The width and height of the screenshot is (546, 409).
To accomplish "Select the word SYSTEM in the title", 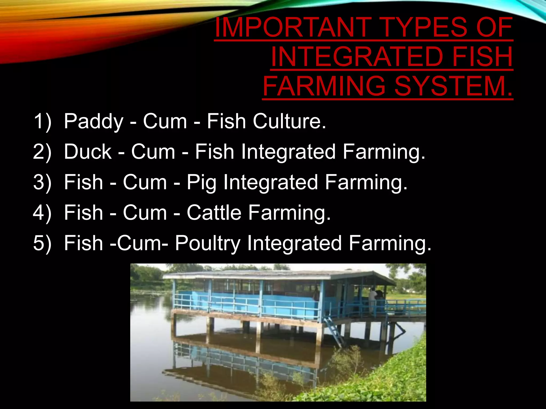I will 453,86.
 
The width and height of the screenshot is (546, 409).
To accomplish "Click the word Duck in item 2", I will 88,152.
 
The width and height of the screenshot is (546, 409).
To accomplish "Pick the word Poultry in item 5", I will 208,244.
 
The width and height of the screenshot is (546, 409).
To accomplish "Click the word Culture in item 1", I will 289,121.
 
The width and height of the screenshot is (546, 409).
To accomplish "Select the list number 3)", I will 42,183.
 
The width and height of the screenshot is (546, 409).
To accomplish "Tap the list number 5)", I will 42,243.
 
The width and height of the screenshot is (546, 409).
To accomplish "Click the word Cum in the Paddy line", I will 165,121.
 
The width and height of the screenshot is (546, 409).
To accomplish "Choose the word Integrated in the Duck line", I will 288,152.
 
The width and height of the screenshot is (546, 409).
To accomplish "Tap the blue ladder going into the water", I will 335,332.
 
